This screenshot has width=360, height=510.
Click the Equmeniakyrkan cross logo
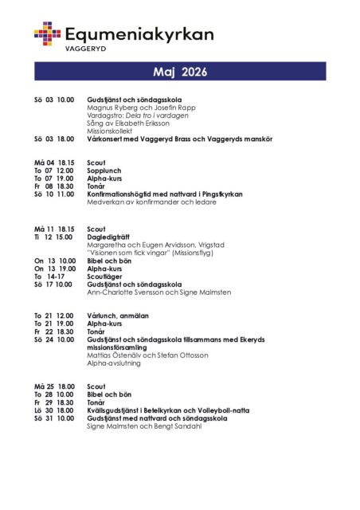point(47,33)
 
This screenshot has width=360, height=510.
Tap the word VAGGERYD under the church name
point(85,48)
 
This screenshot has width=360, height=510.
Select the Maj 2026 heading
point(180,73)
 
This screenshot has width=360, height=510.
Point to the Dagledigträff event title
point(110,237)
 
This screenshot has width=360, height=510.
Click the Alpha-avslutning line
point(114,363)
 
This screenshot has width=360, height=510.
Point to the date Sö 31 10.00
point(54,418)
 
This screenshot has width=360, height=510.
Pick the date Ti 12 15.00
point(54,237)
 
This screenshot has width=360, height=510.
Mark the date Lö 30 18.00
point(54,410)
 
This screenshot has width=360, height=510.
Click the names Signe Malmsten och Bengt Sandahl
point(144,426)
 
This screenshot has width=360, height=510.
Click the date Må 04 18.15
point(54,163)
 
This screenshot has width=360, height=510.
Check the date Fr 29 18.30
point(54,402)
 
